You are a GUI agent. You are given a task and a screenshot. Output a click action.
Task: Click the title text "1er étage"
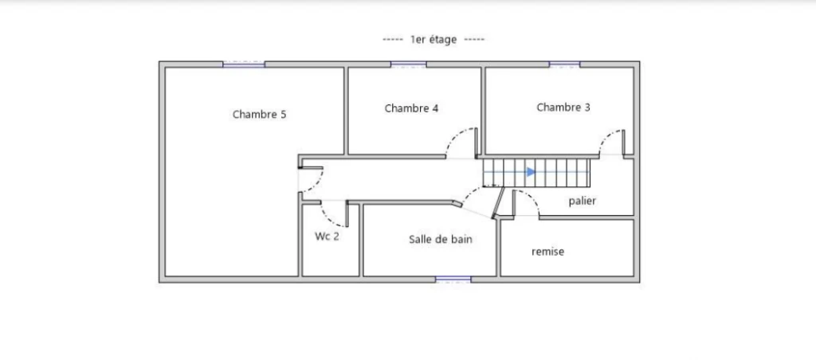[433, 40]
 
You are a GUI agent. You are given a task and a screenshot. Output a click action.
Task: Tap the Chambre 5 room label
[259, 115]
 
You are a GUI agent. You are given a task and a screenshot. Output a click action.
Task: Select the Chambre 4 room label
[411, 108]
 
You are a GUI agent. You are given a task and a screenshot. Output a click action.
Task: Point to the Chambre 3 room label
[563, 108]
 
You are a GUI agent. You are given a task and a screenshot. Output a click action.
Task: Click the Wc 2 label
[327, 237]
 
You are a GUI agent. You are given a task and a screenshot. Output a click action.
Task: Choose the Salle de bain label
[440, 239]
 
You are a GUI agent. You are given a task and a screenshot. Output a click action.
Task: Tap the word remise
[547, 252]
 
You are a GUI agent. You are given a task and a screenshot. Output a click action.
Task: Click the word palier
[582, 201]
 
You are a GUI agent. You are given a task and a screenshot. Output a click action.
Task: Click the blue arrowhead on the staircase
[531, 172]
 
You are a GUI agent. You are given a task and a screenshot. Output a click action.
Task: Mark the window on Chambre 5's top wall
[244, 65]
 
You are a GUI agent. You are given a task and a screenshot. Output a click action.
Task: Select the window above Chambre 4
[409, 65]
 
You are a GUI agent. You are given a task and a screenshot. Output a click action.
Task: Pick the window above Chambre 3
[565, 65]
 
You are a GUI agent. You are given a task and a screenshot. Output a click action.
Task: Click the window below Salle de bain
[453, 280]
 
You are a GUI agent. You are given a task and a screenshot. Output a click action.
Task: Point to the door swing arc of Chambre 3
[606, 138]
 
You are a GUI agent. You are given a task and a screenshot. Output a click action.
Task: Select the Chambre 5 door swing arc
[318, 182]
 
